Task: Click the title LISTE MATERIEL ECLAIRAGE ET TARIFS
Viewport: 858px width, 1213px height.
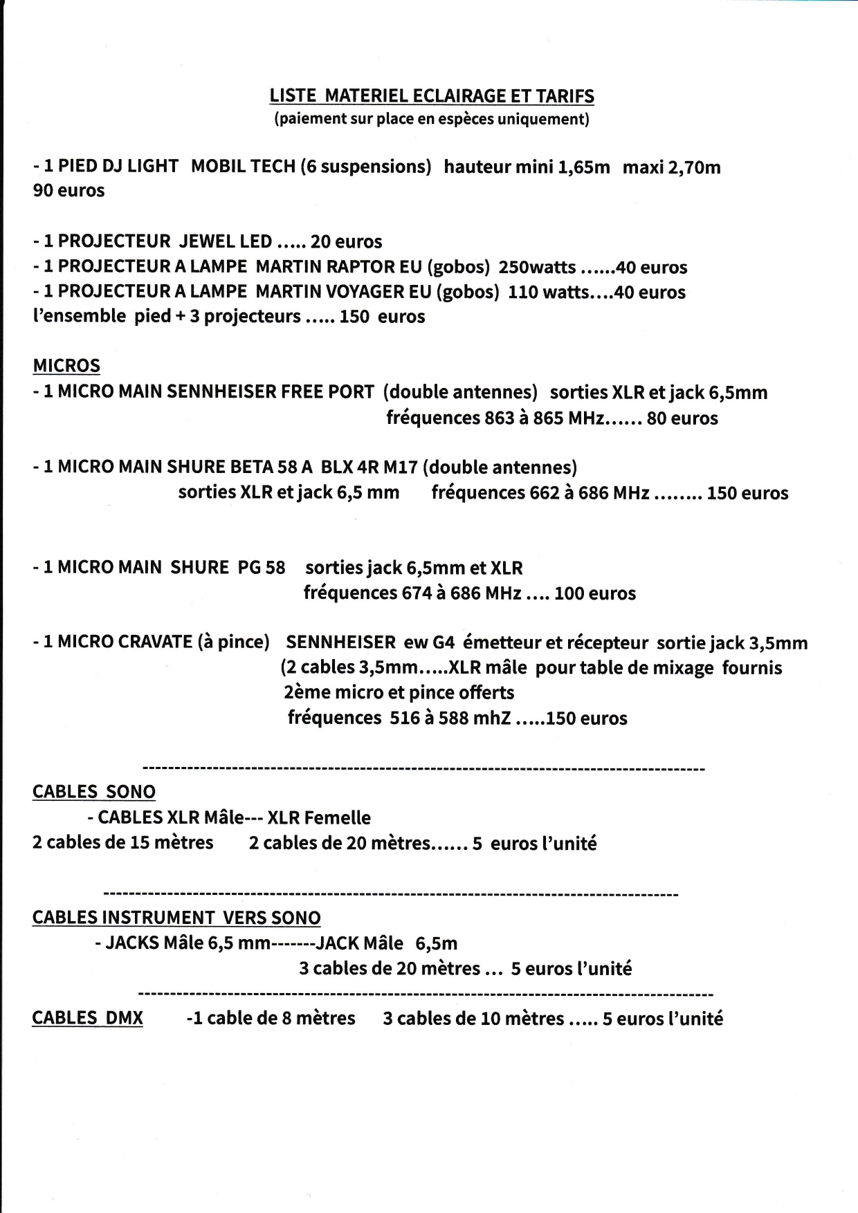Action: click(x=432, y=95)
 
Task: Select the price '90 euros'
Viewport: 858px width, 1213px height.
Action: click(x=69, y=191)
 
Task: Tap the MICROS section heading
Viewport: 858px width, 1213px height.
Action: click(x=66, y=366)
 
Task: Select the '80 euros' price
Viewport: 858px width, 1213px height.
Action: click(x=682, y=418)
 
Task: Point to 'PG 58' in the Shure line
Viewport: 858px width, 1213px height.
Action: click(x=262, y=568)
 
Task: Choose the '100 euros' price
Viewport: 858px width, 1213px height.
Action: click(x=595, y=593)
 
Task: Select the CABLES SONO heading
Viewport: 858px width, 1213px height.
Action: click(x=94, y=792)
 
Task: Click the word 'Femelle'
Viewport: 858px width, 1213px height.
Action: click(x=337, y=817)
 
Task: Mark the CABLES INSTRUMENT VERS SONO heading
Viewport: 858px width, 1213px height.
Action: click(x=176, y=918)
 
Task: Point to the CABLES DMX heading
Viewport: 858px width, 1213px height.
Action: click(x=88, y=1018)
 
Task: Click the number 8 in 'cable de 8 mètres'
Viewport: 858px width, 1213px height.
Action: click(x=288, y=1019)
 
